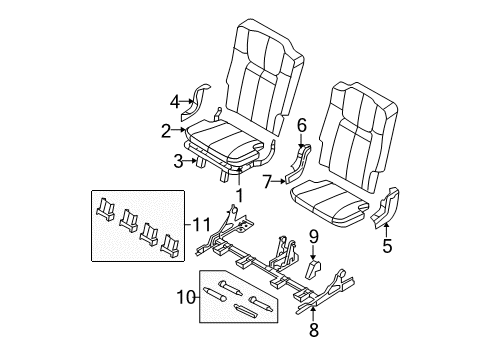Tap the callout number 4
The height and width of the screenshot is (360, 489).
[175, 100]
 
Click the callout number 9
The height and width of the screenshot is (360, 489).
[312, 237]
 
